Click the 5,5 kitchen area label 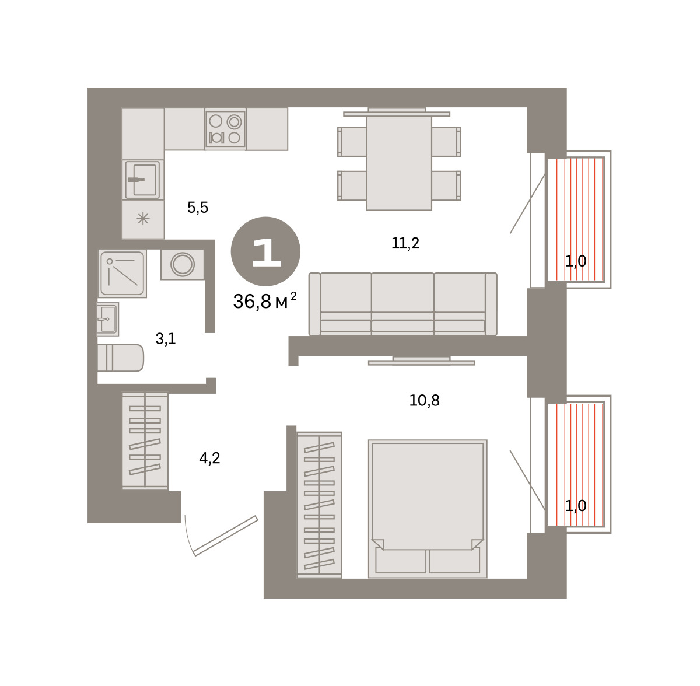coord(198,208)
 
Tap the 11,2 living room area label coord(405,243)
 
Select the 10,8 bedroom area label coord(424,400)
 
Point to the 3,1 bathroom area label coord(166,339)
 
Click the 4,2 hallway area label coord(209,458)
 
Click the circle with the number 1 coord(265,251)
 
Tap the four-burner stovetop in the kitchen coord(225,129)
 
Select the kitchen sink coord(143,180)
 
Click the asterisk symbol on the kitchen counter coord(143,219)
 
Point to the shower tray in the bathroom coord(123,273)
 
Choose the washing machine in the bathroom coord(183,264)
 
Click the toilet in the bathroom coord(120,358)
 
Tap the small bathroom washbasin coord(108,319)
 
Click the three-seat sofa coord(403,304)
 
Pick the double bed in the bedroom coord(428,509)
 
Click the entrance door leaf coord(225,535)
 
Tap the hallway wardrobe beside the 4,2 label coord(145,441)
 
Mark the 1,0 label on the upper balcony coord(576,261)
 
